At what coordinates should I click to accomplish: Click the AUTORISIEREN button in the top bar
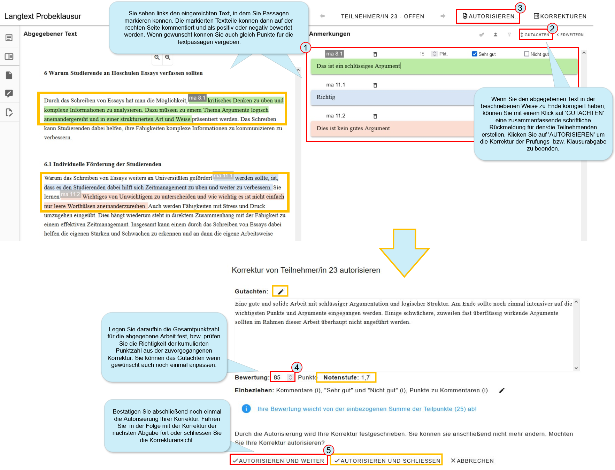tap(489, 16)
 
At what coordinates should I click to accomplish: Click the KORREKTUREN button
tap(560, 16)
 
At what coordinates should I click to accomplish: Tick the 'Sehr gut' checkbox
tap(474, 54)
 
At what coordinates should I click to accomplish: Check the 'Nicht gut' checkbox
tap(526, 54)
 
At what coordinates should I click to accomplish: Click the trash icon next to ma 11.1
tap(375, 85)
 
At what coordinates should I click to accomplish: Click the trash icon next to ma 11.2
tap(375, 116)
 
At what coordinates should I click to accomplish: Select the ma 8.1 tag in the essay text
tap(197, 98)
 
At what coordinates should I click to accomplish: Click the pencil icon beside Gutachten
tap(280, 291)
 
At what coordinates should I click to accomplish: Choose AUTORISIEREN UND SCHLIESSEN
tap(387, 461)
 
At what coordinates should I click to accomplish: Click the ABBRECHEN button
tap(472, 461)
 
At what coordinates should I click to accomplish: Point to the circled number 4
tap(297, 367)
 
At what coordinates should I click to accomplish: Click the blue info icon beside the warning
tap(246, 409)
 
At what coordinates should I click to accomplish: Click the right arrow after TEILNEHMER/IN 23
tap(443, 16)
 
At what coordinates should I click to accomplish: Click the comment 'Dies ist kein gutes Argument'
tap(353, 128)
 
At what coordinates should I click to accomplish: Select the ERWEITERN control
tap(570, 35)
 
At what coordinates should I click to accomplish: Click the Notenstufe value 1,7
tap(366, 377)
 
